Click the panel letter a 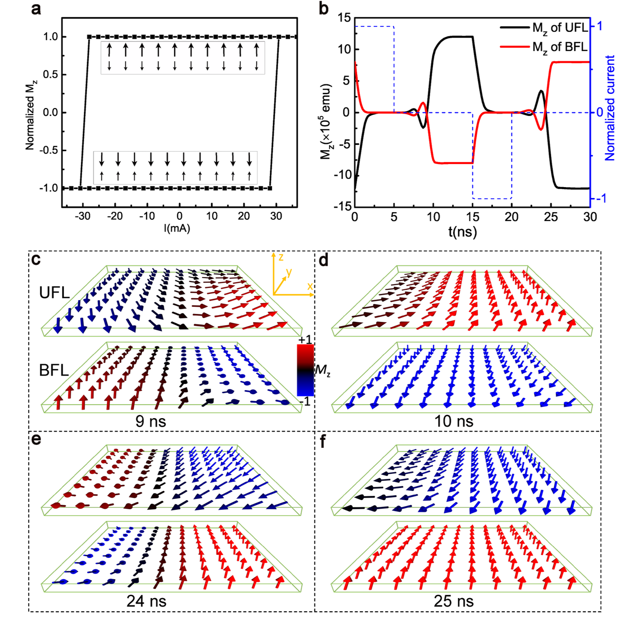pyautogui.click(x=37, y=8)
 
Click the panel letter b pyautogui.click(x=323, y=8)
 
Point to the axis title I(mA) pyautogui.click(x=177, y=228)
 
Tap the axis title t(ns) pyautogui.click(x=462, y=231)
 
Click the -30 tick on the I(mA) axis pyautogui.click(x=82, y=216)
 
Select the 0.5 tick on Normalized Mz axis pyautogui.click(x=50, y=74)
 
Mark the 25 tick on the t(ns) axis pyautogui.click(x=551, y=217)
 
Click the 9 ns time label pyautogui.click(x=151, y=421)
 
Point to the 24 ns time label pyautogui.click(x=146, y=601)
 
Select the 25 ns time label pyautogui.click(x=454, y=601)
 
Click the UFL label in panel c pyautogui.click(x=54, y=293)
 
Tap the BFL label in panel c pyautogui.click(x=54, y=370)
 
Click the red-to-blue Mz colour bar pyautogui.click(x=305, y=370)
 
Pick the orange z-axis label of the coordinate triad pyautogui.click(x=281, y=257)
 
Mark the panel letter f pyautogui.click(x=323, y=442)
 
